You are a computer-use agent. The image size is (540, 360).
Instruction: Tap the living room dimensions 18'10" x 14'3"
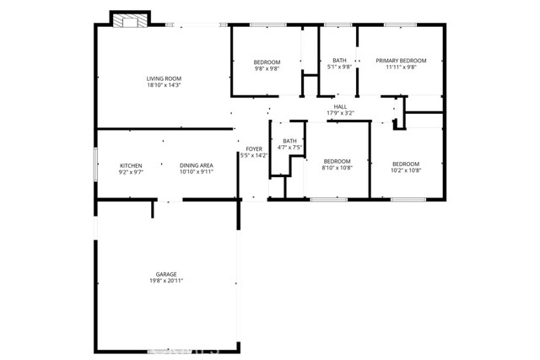coord(165,85)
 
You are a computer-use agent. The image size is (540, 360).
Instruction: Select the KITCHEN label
coord(131,165)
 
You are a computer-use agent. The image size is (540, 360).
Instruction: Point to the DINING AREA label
coord(196,165)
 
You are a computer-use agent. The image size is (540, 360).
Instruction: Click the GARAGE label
coord(166,274)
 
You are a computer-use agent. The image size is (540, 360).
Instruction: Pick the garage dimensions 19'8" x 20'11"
coord(166,281)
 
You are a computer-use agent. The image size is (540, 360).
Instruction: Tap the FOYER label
coord(252,149)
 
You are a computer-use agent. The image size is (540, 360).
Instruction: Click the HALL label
coord(340,107)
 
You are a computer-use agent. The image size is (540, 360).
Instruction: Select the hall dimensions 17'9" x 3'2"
coord(340,114)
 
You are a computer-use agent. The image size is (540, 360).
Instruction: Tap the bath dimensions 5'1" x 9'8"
coord(339,67)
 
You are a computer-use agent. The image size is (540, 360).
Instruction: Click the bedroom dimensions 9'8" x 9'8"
coord(267,69)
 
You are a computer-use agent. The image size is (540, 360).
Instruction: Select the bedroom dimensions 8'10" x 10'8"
coord(337,168)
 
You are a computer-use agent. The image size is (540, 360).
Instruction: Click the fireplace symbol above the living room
coord(130,20)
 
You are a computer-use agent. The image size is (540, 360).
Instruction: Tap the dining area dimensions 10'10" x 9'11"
coord(196,172)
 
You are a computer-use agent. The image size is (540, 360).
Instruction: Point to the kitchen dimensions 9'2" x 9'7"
coord(131,172)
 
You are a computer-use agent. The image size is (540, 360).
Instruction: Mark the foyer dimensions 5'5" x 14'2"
coord(252,156)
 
